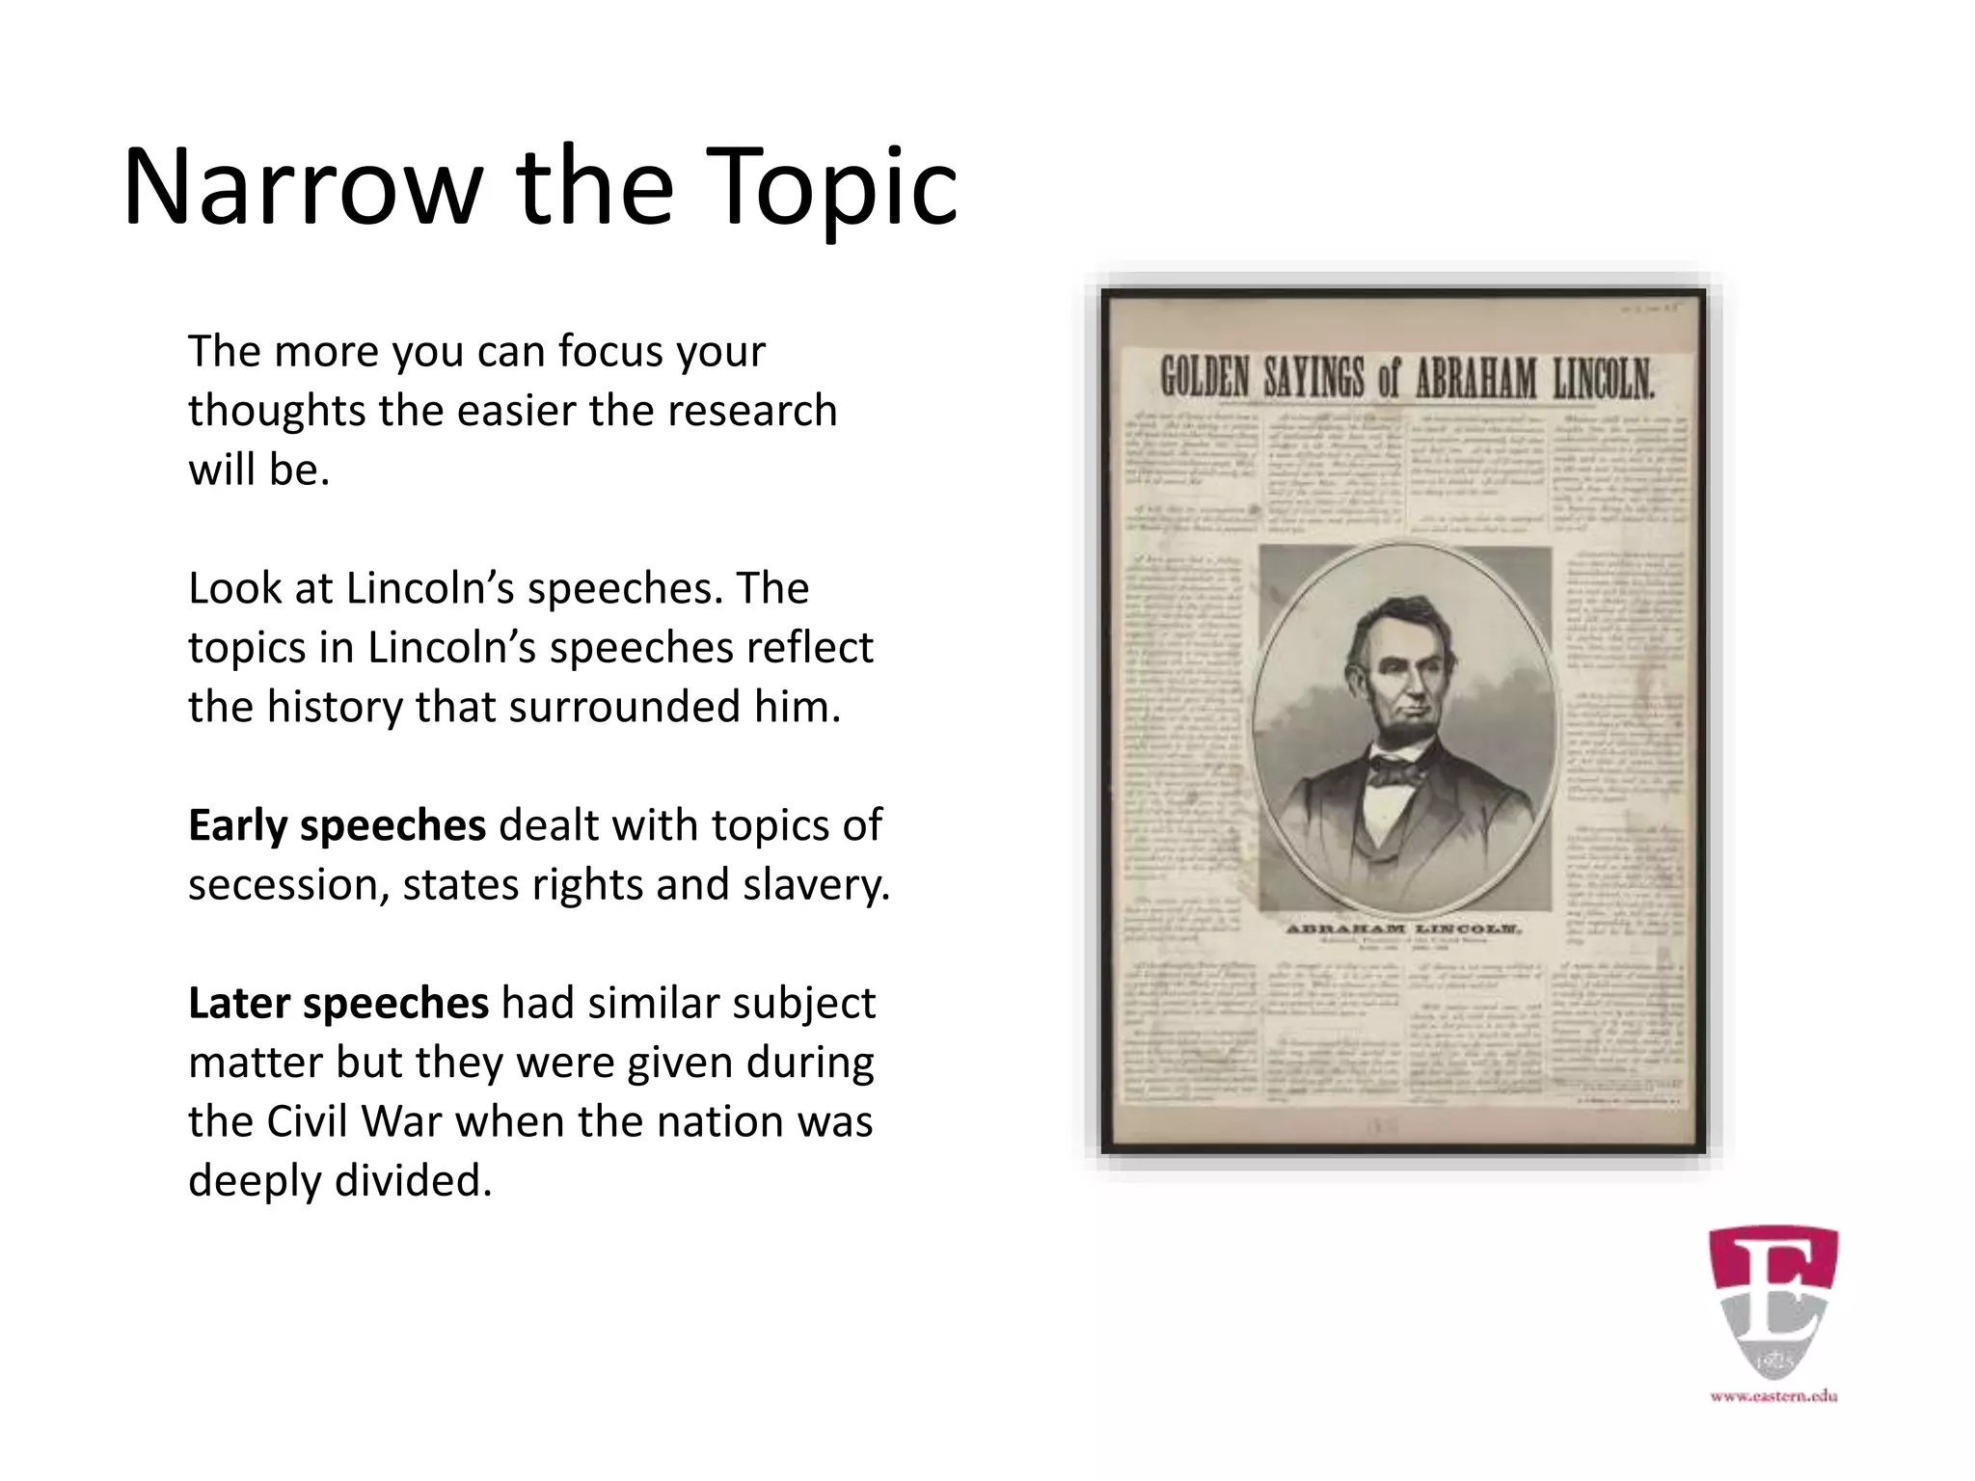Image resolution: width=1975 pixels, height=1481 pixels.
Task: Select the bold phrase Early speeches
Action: pyautogui.click(x=337, y=825)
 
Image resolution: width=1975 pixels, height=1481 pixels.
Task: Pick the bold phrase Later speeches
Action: pyautogui.click(x=338, y=1003)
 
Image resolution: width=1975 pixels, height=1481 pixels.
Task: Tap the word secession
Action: pyautogui.click(x=287, y=885)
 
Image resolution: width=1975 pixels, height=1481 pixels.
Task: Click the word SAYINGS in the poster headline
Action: pyautogui.click(x=1316, y=379)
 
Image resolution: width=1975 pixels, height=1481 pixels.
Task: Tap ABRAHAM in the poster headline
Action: pyautogui.click(x=1475, y=379)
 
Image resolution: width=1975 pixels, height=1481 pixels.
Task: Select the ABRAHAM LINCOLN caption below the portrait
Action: pyautogui.click(x=1404, y=930)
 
